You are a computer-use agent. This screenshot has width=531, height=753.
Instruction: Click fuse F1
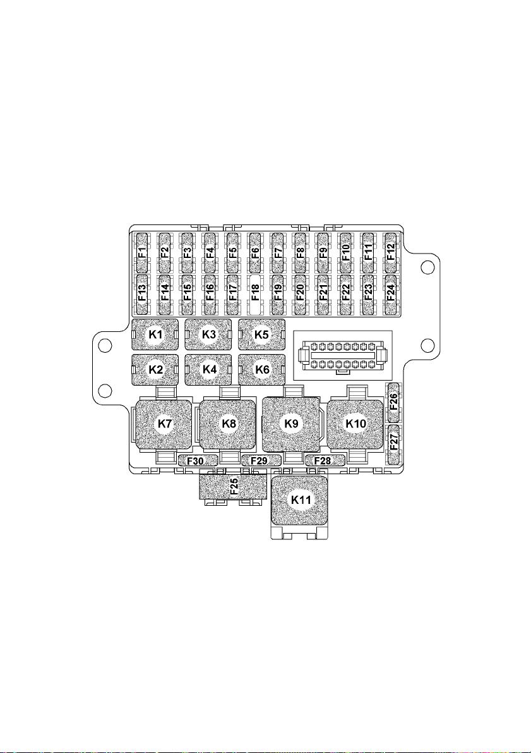coord(143,253)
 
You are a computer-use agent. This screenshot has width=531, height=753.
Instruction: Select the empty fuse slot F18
coord(255,295)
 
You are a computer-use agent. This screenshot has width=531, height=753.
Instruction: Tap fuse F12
coord(390,253)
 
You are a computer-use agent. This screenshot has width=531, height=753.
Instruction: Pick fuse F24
coord(390,295)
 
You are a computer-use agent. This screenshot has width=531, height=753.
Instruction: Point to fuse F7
coord(278,253)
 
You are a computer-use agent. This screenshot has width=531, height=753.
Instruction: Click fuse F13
coord(143,295)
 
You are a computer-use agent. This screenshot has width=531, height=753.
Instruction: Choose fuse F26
coord(394,403)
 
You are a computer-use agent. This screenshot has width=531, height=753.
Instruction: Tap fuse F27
coord(394,444)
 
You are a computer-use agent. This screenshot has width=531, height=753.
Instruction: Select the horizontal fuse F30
coord(198,461)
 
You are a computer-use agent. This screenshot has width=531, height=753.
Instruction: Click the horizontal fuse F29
coord(261,461)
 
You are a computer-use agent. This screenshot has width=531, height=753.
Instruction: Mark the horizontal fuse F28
coord(325,461)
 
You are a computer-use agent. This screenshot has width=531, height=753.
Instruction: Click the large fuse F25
coord(233,486)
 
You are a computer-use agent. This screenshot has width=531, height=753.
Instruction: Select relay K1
coord(155,334)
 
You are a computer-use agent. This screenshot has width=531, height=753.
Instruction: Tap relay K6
coord(262,370)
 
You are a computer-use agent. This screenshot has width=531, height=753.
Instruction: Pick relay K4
coord(208,370)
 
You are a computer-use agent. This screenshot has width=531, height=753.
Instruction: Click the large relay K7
coord(164,424)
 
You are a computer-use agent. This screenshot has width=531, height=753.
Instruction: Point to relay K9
coord(291,424)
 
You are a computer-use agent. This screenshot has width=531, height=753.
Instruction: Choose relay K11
coord(301,500)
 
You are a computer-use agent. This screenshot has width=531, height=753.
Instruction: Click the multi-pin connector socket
coord(342,356)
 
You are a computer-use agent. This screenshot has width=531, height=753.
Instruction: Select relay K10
coord(355,424)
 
